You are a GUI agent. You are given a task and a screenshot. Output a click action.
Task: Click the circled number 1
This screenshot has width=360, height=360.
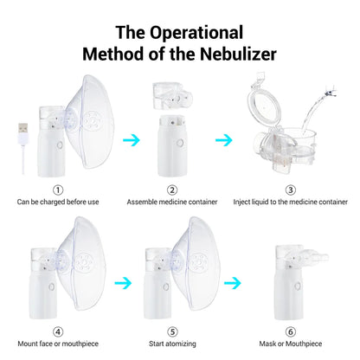click(x=58, y=190)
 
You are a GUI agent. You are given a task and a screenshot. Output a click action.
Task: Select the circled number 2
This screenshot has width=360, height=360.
click(x=172, y=190)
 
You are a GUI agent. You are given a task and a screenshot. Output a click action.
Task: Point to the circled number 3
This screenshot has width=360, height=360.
click(x=290, y=190)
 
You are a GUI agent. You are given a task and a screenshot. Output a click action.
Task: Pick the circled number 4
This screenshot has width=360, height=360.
click(x=58, y=330)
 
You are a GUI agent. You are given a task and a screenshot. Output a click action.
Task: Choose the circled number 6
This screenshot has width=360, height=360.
click(x=290, y=330)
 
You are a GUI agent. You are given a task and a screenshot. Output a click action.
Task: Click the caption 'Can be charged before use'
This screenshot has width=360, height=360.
click(x=58, y=202)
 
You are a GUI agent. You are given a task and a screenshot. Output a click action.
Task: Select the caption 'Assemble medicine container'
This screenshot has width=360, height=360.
click(x=172, y=202)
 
